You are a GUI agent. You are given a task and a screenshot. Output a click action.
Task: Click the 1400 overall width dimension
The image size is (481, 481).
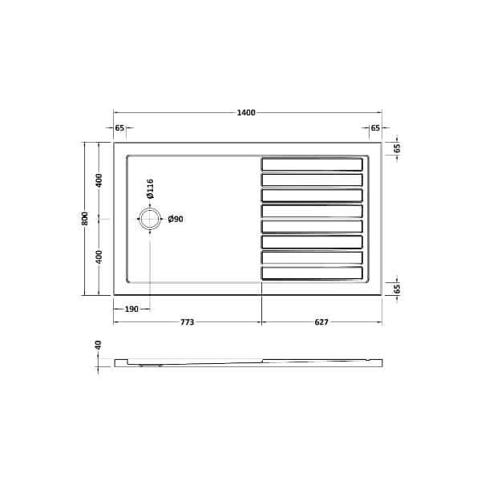[246, 112]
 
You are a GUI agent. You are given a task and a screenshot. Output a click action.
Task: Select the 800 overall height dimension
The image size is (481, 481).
[85, 219]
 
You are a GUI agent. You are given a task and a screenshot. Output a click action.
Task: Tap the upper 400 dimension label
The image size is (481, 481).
[99, 180]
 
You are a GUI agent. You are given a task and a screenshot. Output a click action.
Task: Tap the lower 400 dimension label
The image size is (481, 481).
[99, 257]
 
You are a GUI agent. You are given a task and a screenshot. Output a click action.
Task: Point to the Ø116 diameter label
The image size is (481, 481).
[150, 189]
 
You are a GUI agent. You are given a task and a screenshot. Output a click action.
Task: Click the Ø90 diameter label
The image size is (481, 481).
[176, 219]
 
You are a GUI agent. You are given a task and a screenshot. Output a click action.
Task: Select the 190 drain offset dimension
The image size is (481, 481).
[131, 309]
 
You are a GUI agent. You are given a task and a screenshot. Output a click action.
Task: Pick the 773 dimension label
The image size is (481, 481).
[187, 322]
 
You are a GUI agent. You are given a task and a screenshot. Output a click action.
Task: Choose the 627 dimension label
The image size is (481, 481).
[321, 322]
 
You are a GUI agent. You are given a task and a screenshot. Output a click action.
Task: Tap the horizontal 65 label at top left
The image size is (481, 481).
[119, 128]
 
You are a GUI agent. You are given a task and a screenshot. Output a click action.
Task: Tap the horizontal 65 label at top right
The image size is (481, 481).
[375, 128]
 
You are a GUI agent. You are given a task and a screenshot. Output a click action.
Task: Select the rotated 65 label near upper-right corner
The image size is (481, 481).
[397, 148]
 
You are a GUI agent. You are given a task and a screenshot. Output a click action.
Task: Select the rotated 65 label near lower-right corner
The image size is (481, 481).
[397, 289]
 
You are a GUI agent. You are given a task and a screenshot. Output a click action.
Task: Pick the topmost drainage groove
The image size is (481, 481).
[312, 164]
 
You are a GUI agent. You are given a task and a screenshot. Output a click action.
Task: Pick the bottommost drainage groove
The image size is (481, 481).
[312, 273]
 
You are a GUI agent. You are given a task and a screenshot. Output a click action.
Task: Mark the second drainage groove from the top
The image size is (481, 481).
[312, 180]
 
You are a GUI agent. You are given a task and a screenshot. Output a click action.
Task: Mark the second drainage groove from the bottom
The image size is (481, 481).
[312, 257]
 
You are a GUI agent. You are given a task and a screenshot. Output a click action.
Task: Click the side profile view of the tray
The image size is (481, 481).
[247, 362]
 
